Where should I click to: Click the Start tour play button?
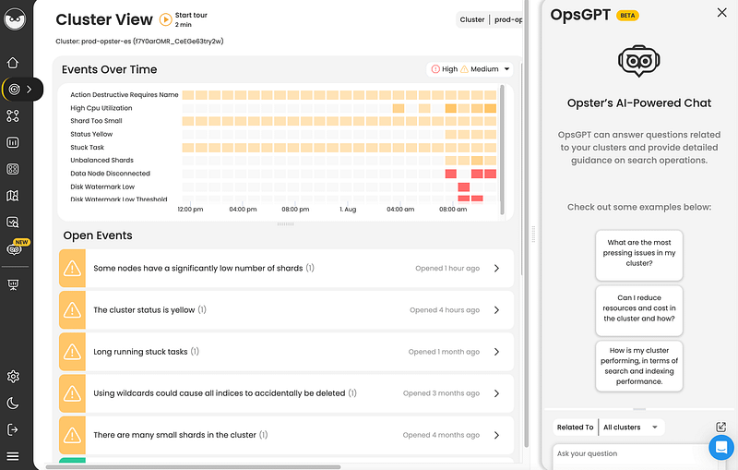pos(165,18)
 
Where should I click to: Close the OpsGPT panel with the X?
pos(721,13)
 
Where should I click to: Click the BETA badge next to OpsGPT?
pos(627,16)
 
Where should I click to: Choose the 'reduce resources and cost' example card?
pos(639,309)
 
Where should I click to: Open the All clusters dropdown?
pos(631,427)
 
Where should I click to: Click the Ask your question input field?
pos(627,453)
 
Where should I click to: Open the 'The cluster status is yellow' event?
pos(144,310)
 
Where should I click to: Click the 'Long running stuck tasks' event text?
pos(140,352)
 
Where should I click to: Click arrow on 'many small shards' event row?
pos(496,435)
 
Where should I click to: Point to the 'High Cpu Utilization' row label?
pos(102,108)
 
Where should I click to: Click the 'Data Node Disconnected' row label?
pos(110,174)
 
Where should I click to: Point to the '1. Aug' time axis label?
pos(348,210)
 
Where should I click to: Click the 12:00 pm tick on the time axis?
pos(190,210)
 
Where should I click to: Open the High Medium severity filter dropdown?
pos(470,69)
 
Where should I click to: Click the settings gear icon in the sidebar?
pos(13,377)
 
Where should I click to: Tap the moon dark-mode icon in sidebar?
pos(13,404)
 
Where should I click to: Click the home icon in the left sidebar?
pos(13,63)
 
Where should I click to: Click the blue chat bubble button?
pos(720,448)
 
